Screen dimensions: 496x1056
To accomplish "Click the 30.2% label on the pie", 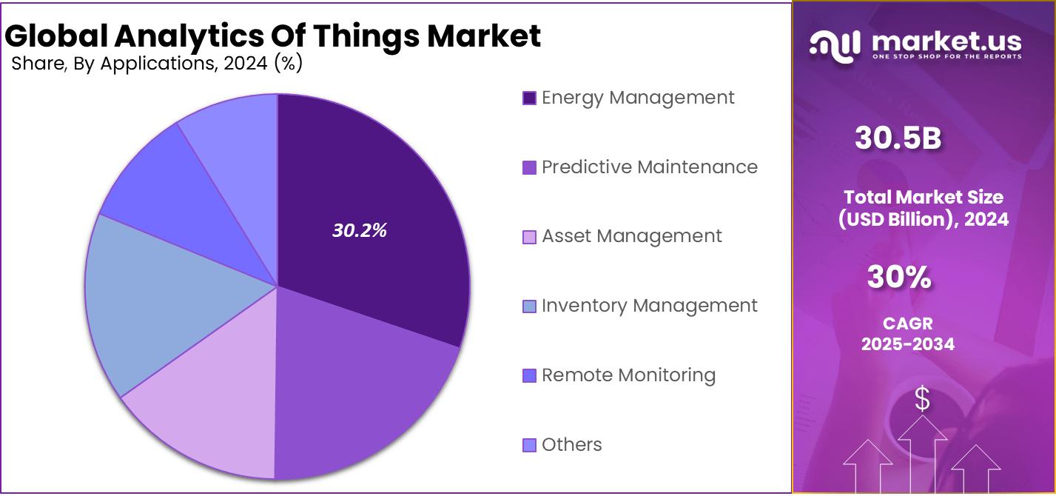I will [360, 230].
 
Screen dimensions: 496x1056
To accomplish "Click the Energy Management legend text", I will [638, 98].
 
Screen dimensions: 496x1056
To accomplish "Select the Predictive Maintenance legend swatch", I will [529, 167].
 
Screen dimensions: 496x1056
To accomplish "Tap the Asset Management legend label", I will [631, 236].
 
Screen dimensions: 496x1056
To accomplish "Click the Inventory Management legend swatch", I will [529, 306].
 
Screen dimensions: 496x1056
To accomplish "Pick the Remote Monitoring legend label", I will [628, 375].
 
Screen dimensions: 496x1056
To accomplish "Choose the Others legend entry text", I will [571, 445].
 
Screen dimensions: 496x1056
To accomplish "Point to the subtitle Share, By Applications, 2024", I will [157, 64].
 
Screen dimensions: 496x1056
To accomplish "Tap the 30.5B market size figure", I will [898, 138].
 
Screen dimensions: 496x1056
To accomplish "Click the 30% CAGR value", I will [898, 277].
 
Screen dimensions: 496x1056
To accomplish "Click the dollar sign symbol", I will [922, 399].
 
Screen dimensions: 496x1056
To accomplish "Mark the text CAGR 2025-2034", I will [908, 334].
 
